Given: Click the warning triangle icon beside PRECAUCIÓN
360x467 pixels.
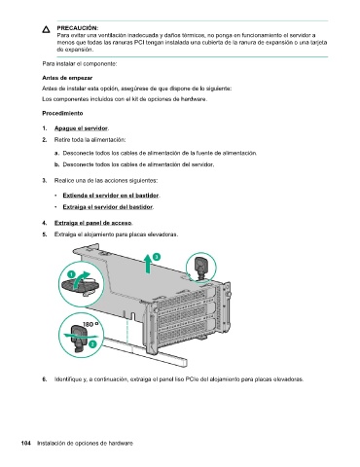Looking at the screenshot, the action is (46, 29).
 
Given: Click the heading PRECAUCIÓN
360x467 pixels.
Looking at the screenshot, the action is (78, 28).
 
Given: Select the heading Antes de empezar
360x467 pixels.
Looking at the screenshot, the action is (67, 78).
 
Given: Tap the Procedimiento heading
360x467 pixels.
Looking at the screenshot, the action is (62, 113).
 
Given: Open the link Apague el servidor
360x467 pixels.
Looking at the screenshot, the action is (81, 128).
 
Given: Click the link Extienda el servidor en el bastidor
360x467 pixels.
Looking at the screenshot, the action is (111, 196).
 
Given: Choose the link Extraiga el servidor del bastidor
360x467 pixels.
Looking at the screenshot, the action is (108, 207).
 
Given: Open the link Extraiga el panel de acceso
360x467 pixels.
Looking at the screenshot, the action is (93, 223).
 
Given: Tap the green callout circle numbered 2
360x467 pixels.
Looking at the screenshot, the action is (92, 344).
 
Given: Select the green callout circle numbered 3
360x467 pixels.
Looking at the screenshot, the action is (157, 257).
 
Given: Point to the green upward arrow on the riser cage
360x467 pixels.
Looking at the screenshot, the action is (148, 264).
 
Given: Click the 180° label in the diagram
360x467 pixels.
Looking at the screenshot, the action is (90, 324).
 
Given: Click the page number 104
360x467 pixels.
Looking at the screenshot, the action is (26, 443).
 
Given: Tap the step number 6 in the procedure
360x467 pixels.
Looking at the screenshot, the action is (44, 379).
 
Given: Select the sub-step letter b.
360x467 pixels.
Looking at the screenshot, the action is (56, 164).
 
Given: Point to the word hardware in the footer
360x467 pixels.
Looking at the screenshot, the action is (121, 443).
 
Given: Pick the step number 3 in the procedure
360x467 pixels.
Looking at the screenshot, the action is (44, 181).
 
